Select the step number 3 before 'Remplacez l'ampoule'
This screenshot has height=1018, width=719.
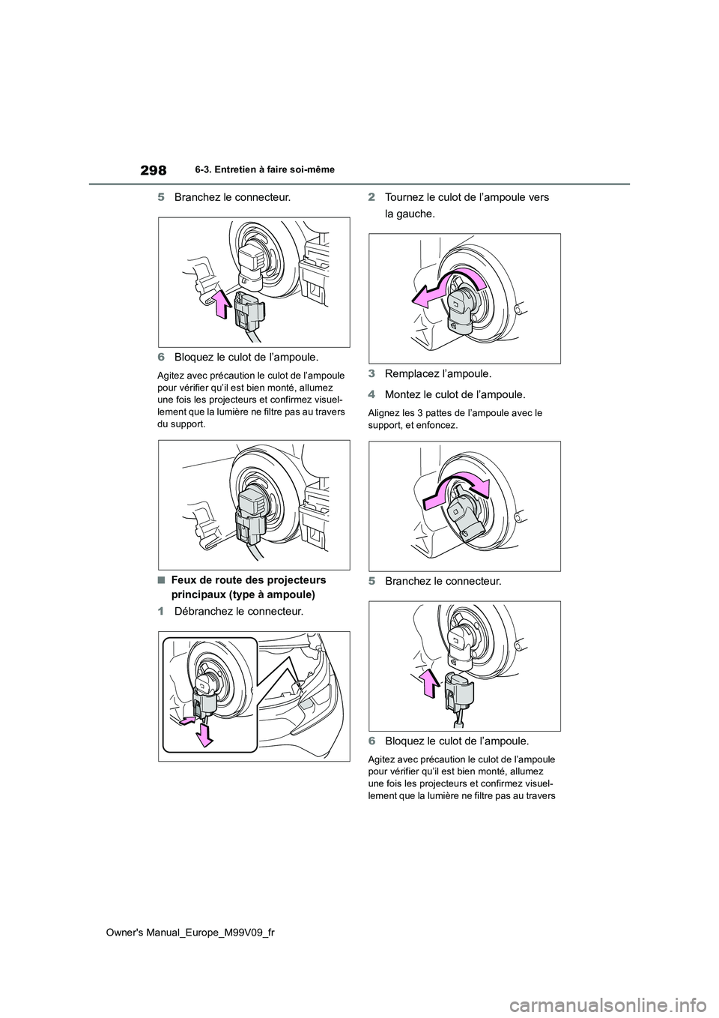371,373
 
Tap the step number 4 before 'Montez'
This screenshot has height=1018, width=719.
371,394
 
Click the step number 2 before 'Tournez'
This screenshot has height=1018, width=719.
371,197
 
